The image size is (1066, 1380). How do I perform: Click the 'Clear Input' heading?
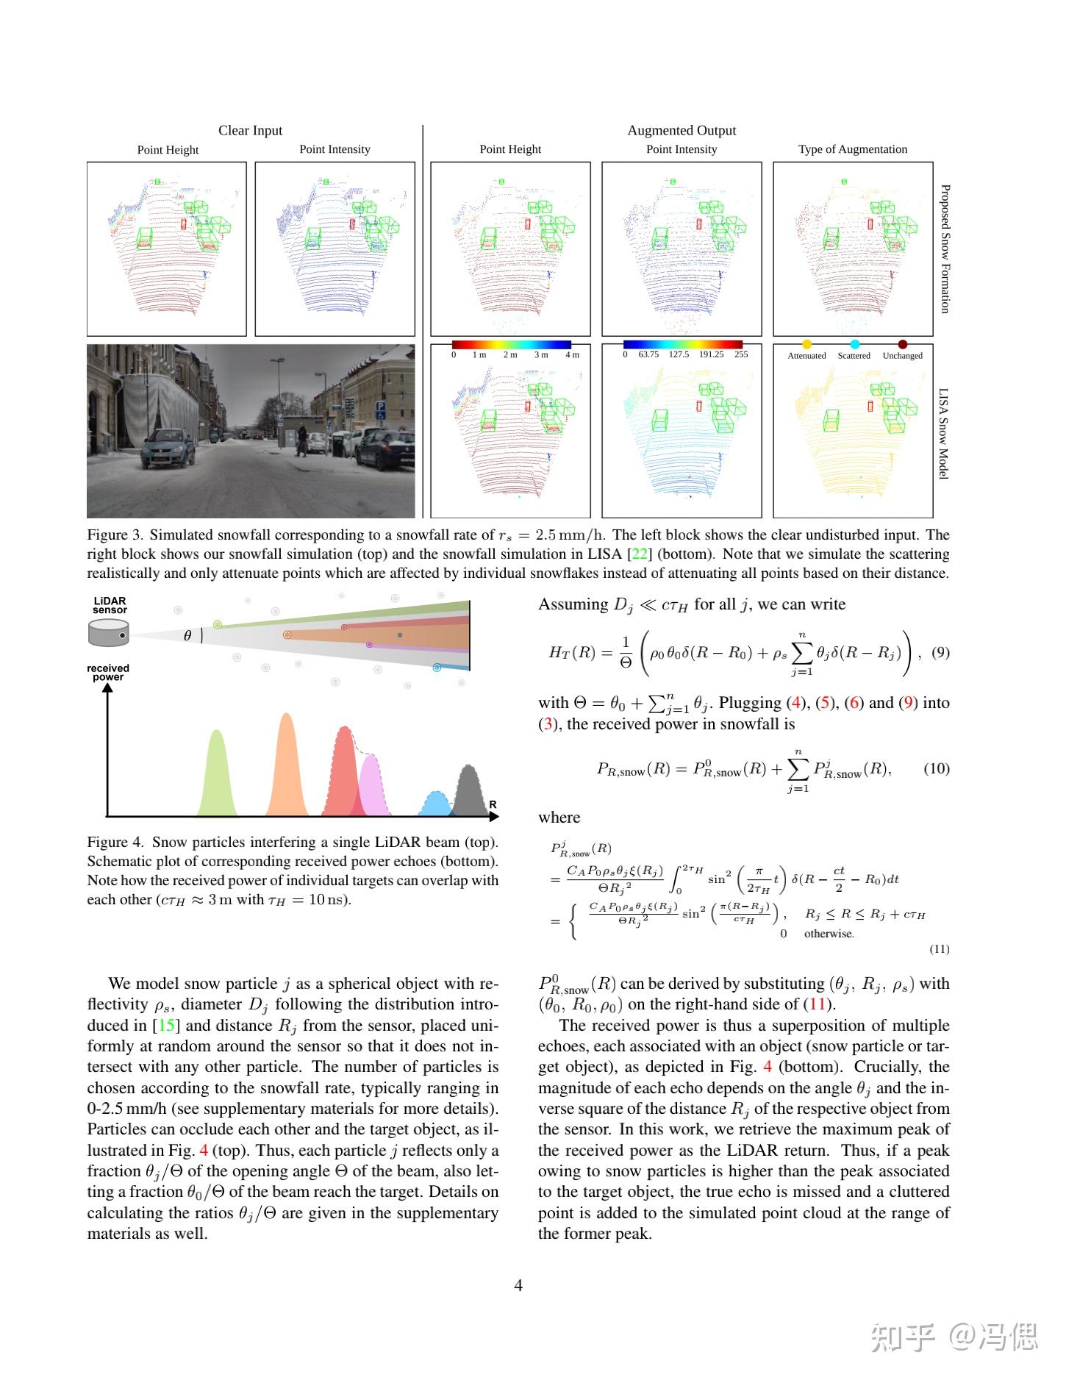point(250,131)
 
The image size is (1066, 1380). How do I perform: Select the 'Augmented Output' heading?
point(682,131)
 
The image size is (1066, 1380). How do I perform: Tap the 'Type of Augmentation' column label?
point(853,149)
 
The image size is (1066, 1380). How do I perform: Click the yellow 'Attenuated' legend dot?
point(806,344)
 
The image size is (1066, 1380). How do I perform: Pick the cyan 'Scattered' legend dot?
point(854,344)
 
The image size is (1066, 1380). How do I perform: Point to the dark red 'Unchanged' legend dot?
point(903,344)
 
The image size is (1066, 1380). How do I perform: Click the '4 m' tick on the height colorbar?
point(572,355)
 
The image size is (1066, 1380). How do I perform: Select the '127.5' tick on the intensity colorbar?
point(679,354)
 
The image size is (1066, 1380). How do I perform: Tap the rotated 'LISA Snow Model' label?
point(944,434)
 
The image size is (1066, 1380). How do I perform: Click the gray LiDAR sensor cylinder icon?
point(109,633)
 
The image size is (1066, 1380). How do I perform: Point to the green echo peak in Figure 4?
point(216,776)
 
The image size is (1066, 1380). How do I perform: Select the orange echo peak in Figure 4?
point(286,768)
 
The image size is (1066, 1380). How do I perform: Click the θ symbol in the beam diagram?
point(187,636)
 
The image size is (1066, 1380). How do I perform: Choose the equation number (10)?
point(936,768)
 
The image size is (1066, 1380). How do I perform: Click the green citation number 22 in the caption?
point(639,554)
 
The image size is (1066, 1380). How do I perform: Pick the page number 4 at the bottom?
point(518,1285)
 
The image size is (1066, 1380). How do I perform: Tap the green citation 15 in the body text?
point(165,1026)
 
